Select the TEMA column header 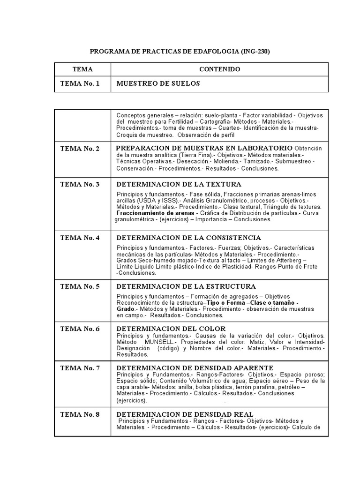[x=82, y=69]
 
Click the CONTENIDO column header [x=219, y=69]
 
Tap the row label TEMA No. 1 [x=80, y=83]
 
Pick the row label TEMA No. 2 [x=80, y=149]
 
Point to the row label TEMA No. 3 [x=80, y=184]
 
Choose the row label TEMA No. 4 [x=80, y=238]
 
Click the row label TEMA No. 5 [x=80, y=286]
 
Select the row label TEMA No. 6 [x=80, y=329]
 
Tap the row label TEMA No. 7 [x=80, y=368]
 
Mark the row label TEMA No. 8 [x=80, y=414]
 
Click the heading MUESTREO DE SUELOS [x=158, y=83]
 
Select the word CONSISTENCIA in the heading [x=232, y=238]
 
